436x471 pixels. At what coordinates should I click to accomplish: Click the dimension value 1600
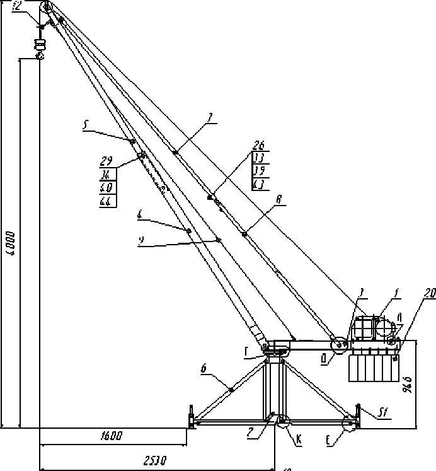click(111, 436)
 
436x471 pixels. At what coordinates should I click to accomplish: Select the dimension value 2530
click(154, 461)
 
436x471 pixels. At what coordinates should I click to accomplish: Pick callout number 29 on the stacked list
click(106, 161)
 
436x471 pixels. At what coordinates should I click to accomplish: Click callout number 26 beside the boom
click(259, 145)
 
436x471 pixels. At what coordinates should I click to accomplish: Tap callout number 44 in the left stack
click(106, 201)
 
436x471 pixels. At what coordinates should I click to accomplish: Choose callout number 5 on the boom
click(85, 125)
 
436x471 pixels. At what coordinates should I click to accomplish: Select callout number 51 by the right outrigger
click(382, 414)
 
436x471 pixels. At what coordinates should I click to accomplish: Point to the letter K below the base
click(299, 441)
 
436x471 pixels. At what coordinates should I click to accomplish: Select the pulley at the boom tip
click(46, 8)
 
